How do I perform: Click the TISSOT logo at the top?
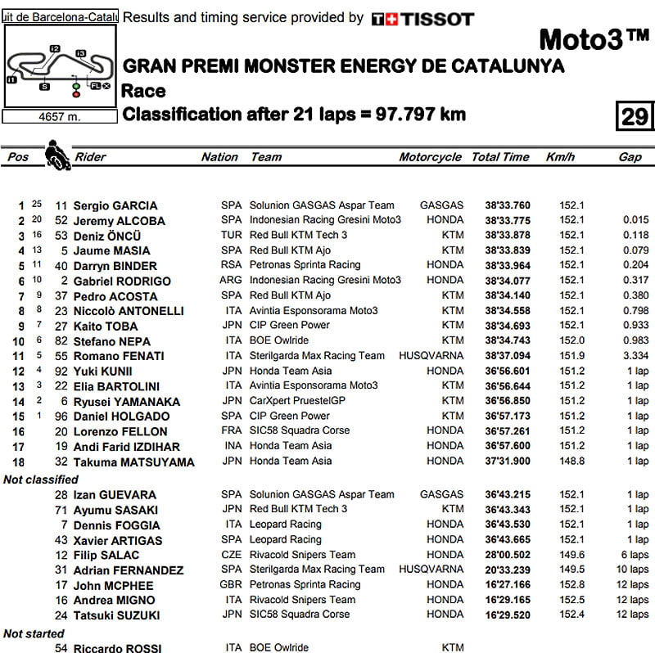coord(422,18)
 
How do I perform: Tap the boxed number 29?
coord(634,116)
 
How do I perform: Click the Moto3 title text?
coord(594,39)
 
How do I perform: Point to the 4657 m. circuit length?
coord(60,117)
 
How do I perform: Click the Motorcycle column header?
coord(430,157)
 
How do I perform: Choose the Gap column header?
coord(630,157)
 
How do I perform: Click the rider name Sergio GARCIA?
coord(115,205)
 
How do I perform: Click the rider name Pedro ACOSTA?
coord(115,295)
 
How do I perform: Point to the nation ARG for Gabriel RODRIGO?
coord(232,280)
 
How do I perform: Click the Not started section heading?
coord(34,633)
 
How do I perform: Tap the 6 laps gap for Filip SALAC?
coord(632,555)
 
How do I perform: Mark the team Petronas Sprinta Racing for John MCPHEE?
coord(305,584)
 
